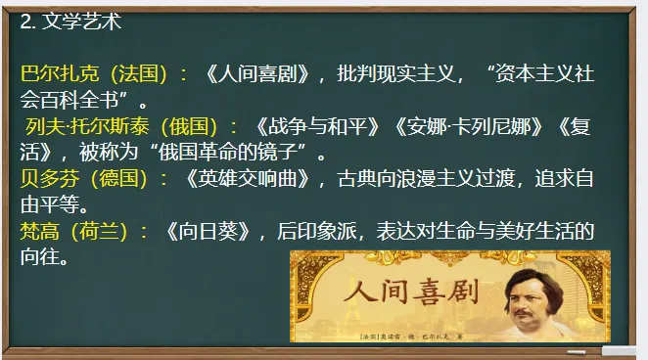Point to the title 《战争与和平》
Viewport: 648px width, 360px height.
point(307,126)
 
